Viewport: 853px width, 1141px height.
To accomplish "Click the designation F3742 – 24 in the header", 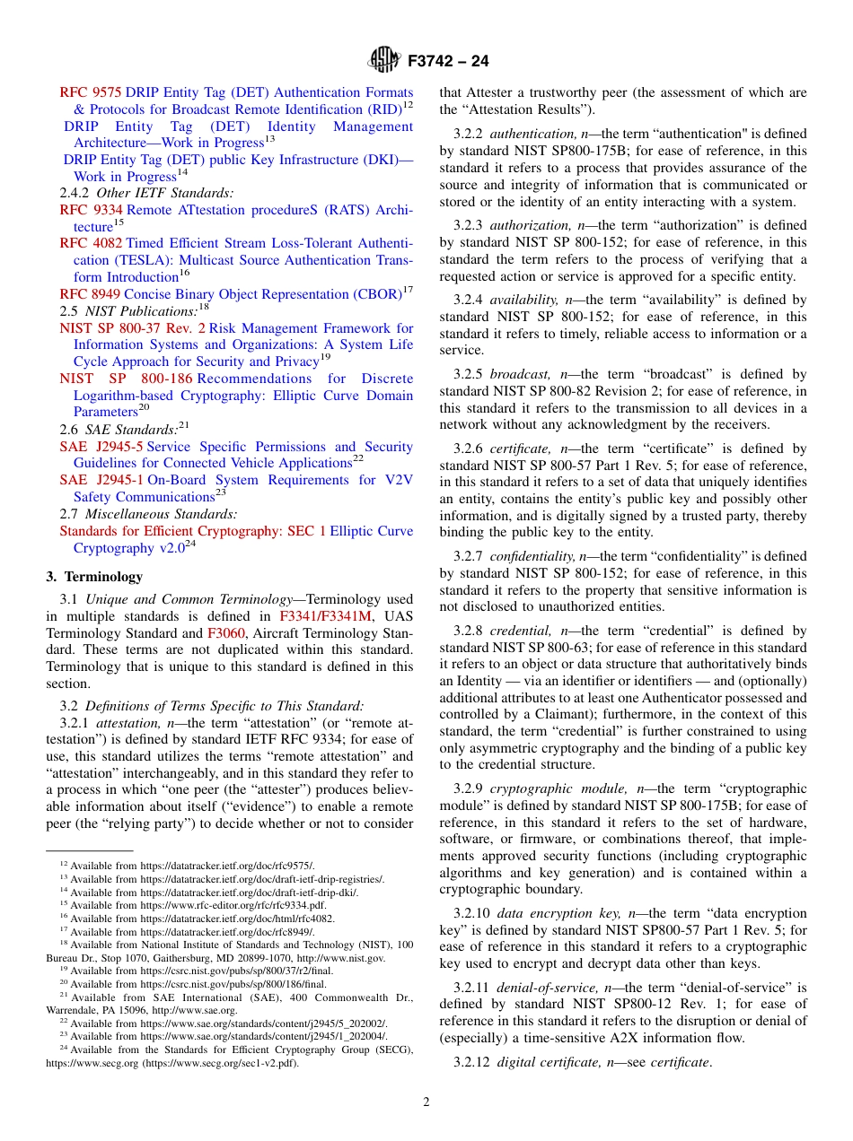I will click(x=448, y=62).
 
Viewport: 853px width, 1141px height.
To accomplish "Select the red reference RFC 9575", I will click(x=91, y=92).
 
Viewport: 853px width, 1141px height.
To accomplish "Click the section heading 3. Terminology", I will click(x=94, y=577).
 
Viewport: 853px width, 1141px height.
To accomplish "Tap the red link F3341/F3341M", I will click(x=325, y=616).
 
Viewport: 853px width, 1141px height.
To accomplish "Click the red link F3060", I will click(x=226, y=632).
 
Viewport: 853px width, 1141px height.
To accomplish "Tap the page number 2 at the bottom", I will click(x=426, y=1102).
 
